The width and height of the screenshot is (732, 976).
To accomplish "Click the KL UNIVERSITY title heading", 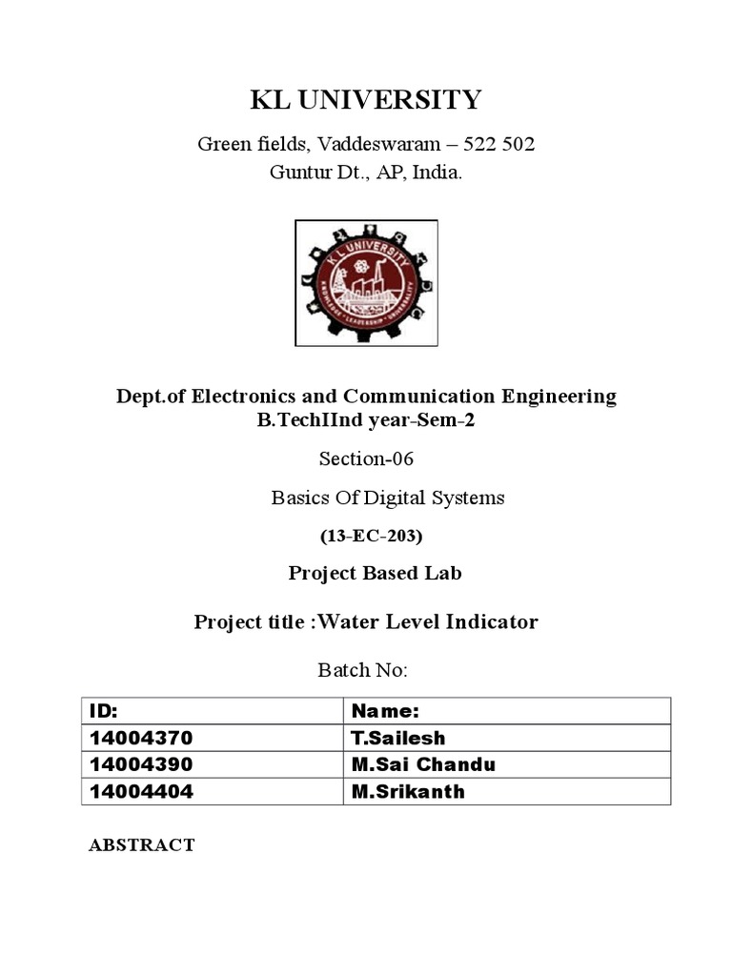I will [366, 100].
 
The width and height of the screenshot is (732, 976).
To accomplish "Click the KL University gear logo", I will [366, 282].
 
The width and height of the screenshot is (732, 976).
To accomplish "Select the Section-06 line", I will [367, 459].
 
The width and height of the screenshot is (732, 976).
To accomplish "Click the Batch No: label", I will [362, 670].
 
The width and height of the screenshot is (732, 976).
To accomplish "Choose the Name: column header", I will [386, 712].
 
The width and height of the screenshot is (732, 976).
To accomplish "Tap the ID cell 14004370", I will [140, 739].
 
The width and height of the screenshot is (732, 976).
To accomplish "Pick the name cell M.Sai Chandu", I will [423, 765].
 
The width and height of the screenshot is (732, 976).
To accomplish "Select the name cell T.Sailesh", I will [398, 739].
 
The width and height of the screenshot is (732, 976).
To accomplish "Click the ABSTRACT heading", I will [142, 844].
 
